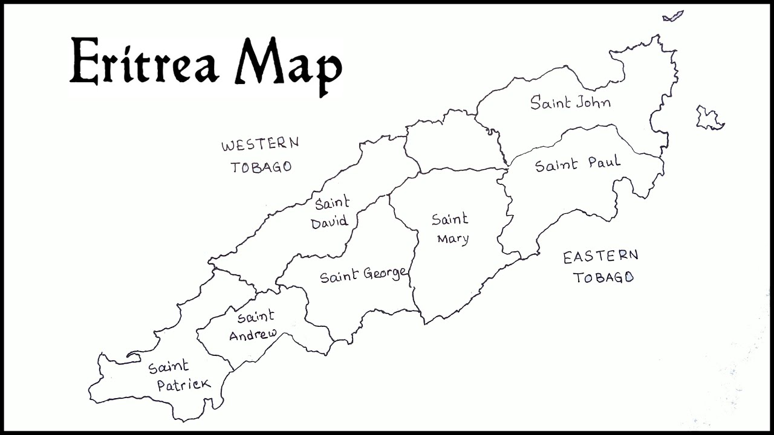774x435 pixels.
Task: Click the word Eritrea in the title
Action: (144, 62)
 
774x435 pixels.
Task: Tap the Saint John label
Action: (570, 102)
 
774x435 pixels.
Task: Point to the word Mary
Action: (453, 239)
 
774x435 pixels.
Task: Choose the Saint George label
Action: (363, 275)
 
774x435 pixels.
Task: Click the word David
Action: (330, 222)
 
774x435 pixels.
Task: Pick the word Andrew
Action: (253, 334)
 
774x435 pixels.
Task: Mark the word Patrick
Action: (184, 384)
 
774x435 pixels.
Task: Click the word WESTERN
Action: (259, 145)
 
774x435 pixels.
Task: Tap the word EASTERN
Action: (600, 257)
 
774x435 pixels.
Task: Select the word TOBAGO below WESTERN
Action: (261, 167)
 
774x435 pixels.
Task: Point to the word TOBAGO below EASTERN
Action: (603, 277)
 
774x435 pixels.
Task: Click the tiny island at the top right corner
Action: (672, 16)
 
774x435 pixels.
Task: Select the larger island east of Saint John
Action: (709, 118)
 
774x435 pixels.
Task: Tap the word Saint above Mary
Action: (450, 219)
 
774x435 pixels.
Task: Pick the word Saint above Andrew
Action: (255, 316)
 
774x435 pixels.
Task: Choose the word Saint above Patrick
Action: (169, 367)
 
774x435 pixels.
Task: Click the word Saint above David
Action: (332, 203)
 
